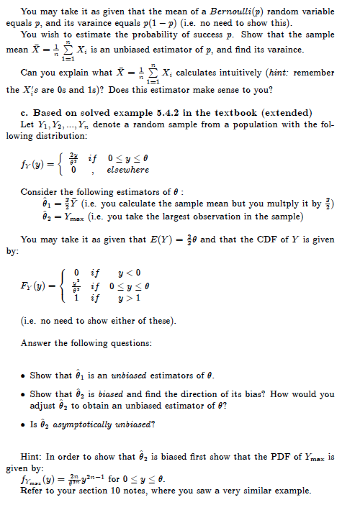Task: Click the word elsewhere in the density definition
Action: (127, 170)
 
